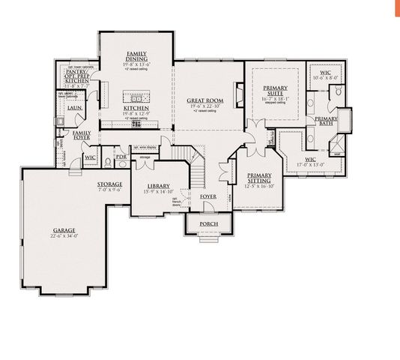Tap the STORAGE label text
click(x=109, y=184)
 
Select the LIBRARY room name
click(x=158, y=186)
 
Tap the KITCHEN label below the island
click(x=136, y=109)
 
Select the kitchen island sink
click(x=137, y=97)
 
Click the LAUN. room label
click(x=74, y=108)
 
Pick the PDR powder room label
click(x=120, y=157)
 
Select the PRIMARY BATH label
click(x=325, y=121)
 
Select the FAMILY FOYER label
click(x=82, y=135)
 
